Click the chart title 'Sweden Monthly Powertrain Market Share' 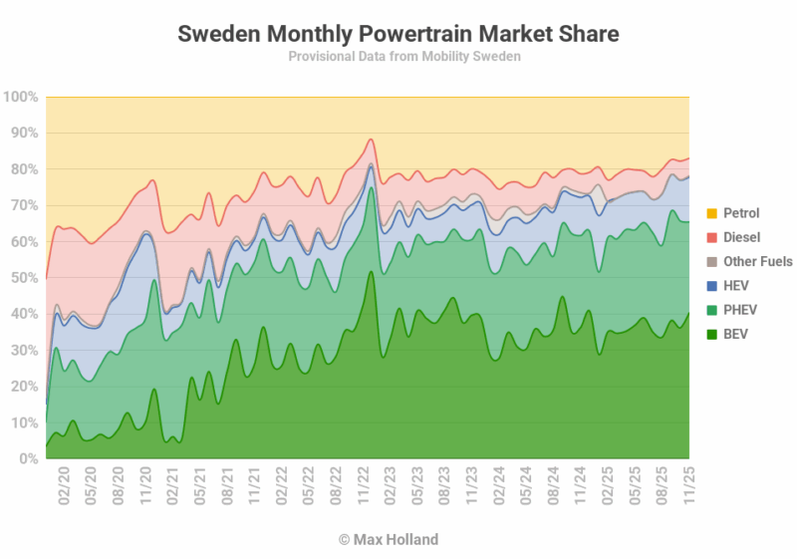pos(398,34)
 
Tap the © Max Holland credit pos(388,540)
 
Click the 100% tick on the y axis pos(21,98)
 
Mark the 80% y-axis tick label pos(24,169)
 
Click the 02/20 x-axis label pos(64,486)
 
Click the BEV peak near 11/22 pos(371,272)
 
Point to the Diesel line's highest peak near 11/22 pos(371,140)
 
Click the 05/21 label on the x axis pos(199,486)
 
